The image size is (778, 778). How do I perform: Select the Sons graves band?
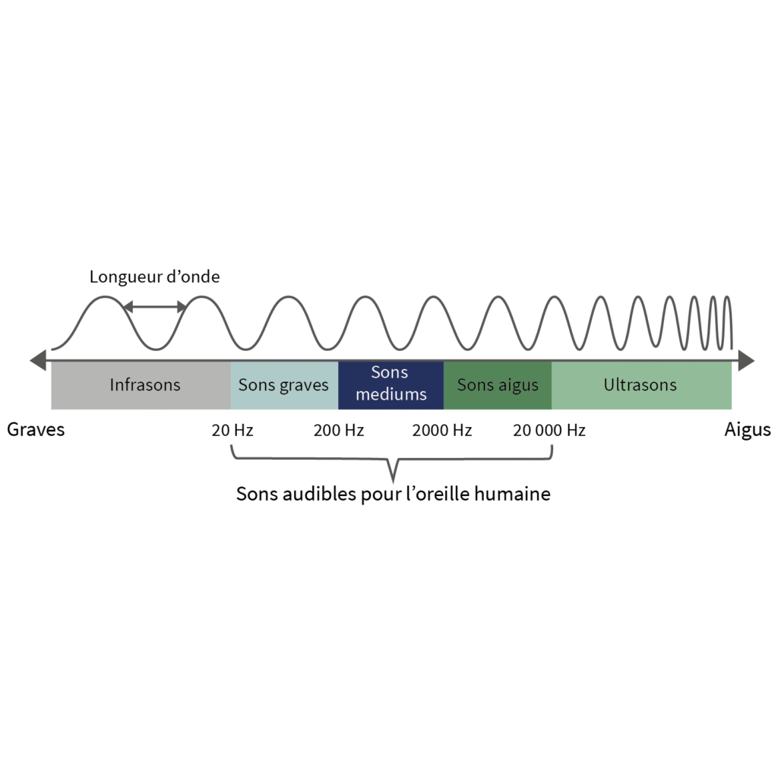284,385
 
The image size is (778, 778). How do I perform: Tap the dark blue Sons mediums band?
391,385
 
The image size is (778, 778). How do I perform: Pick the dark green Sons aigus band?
498,385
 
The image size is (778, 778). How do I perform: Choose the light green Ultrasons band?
640,385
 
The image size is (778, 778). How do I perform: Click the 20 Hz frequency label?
232,431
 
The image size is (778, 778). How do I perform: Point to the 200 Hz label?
339,431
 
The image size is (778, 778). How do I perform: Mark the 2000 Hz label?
442,431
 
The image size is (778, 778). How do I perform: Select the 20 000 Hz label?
549,431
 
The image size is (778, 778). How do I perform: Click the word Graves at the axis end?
36,430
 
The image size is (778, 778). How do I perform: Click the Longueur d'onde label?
155,277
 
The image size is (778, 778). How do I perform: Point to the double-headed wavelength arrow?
155,307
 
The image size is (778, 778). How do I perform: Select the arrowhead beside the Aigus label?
746,361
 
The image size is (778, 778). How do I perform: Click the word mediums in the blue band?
391,395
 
